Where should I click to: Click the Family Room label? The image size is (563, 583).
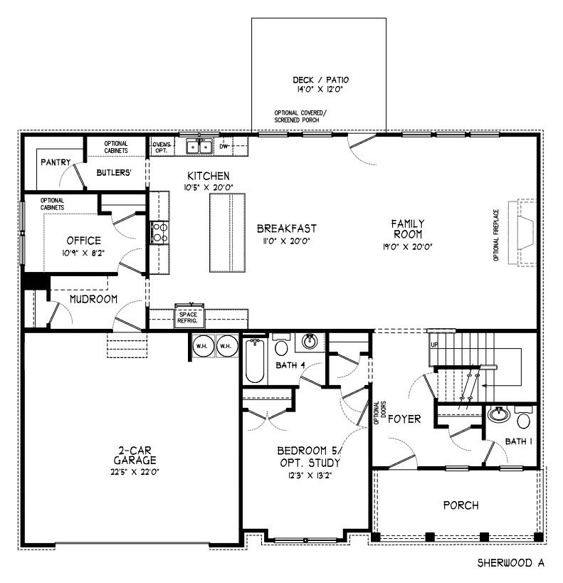408,229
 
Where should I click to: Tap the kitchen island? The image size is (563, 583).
227,233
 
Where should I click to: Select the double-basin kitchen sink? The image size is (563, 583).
199,147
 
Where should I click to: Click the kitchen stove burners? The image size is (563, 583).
160,233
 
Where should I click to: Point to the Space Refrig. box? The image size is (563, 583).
189,317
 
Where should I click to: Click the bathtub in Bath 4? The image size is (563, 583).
255,361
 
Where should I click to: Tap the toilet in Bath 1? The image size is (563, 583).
524,418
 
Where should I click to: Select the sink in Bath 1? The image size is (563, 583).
499,414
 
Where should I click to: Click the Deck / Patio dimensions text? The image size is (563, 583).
320,89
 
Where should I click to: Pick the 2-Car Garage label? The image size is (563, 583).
135,456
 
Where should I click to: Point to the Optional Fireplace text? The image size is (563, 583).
496,235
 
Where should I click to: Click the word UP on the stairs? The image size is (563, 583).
434,345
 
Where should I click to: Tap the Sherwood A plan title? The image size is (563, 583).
511,563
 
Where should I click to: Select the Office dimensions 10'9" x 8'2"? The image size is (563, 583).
83,253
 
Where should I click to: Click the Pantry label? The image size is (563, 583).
56,162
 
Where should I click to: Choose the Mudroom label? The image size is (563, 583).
93,299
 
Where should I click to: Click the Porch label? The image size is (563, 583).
461,505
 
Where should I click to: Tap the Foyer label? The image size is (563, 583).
404,419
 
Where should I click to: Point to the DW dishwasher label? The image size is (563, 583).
223,147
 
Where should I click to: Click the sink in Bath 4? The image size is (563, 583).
310,341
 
